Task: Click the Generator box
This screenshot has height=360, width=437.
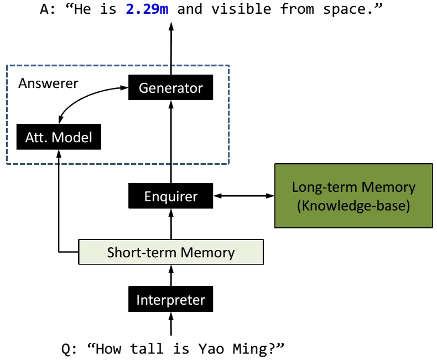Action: (x=171, y=88)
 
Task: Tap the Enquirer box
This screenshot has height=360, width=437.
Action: (x=171, y=196)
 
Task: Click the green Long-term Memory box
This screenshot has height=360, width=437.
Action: (x=353, y=195)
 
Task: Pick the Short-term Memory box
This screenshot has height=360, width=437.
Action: (x=171, y=253)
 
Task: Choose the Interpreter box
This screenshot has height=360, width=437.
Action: (x=171, y=300)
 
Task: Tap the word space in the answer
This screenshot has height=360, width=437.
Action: (x=335, y=9)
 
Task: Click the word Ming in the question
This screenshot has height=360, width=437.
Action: (x=256, y=349)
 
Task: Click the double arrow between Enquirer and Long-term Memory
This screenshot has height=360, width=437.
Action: (x=244, y=196)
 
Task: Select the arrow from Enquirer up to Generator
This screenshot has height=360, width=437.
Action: (x=171, y=144)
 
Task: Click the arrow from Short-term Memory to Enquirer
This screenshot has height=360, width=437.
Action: (x=171, y=225)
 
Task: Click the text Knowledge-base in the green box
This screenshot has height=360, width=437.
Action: (x=353, y=206)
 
